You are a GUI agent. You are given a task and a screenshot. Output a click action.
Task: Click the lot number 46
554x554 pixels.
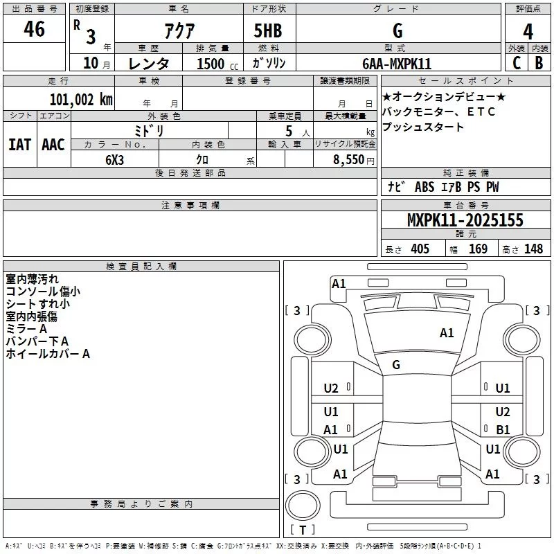[34, 30]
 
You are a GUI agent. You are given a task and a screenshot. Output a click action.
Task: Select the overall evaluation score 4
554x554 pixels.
[528, 31]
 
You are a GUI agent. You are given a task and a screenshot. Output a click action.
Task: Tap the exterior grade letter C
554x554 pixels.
[516, 62]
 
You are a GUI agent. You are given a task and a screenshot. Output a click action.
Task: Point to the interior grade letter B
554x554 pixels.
[539, 62]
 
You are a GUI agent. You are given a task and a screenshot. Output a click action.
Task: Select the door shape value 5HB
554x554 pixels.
[267, 31]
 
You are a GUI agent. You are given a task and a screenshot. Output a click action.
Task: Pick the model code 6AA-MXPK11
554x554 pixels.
[397, 63]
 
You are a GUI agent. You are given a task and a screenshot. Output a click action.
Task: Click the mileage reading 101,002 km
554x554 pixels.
[80, 99]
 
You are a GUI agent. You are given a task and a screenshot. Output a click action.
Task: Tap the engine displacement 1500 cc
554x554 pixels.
[213, 64]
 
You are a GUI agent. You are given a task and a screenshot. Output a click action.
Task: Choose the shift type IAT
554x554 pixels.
[19, 145]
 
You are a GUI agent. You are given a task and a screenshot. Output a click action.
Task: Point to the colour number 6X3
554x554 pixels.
[115, 159]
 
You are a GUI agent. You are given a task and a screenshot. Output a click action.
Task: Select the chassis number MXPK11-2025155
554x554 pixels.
[465, 220]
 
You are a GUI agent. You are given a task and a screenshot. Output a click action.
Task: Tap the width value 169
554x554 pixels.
[478, 249]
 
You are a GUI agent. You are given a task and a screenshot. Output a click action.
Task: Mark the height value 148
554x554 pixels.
[533, 249]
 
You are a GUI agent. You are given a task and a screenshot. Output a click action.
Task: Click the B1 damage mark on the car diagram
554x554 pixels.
[503, 430]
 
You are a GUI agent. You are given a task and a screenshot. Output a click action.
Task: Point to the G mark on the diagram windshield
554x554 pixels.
[396, 365]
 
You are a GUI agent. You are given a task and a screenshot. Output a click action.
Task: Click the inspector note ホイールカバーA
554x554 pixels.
[48, 354]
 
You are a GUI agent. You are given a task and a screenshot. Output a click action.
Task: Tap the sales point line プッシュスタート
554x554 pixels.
[423, 127]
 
